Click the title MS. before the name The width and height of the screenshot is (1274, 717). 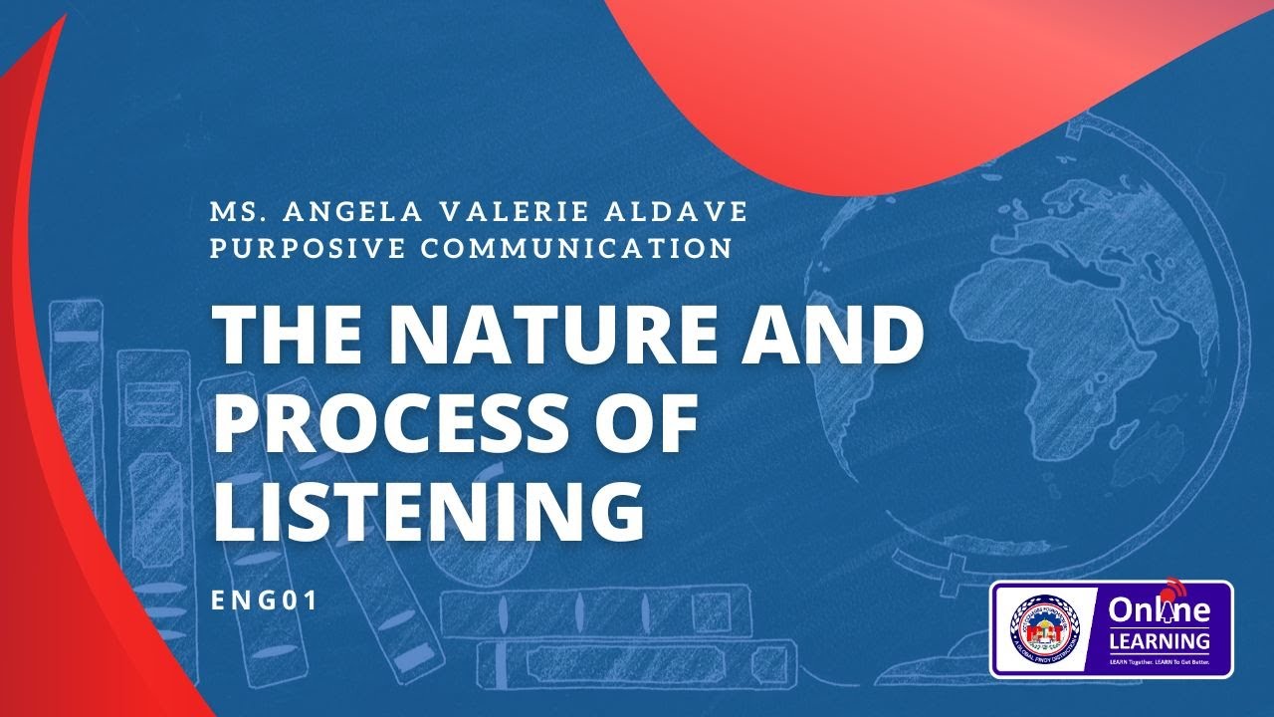[235, 212]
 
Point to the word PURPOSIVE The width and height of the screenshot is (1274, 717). [304, 247]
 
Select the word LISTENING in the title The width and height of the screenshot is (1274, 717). [429, 511]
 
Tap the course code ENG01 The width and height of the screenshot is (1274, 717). [265, 600]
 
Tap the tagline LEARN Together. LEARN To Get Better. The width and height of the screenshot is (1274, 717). [1159, 661]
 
